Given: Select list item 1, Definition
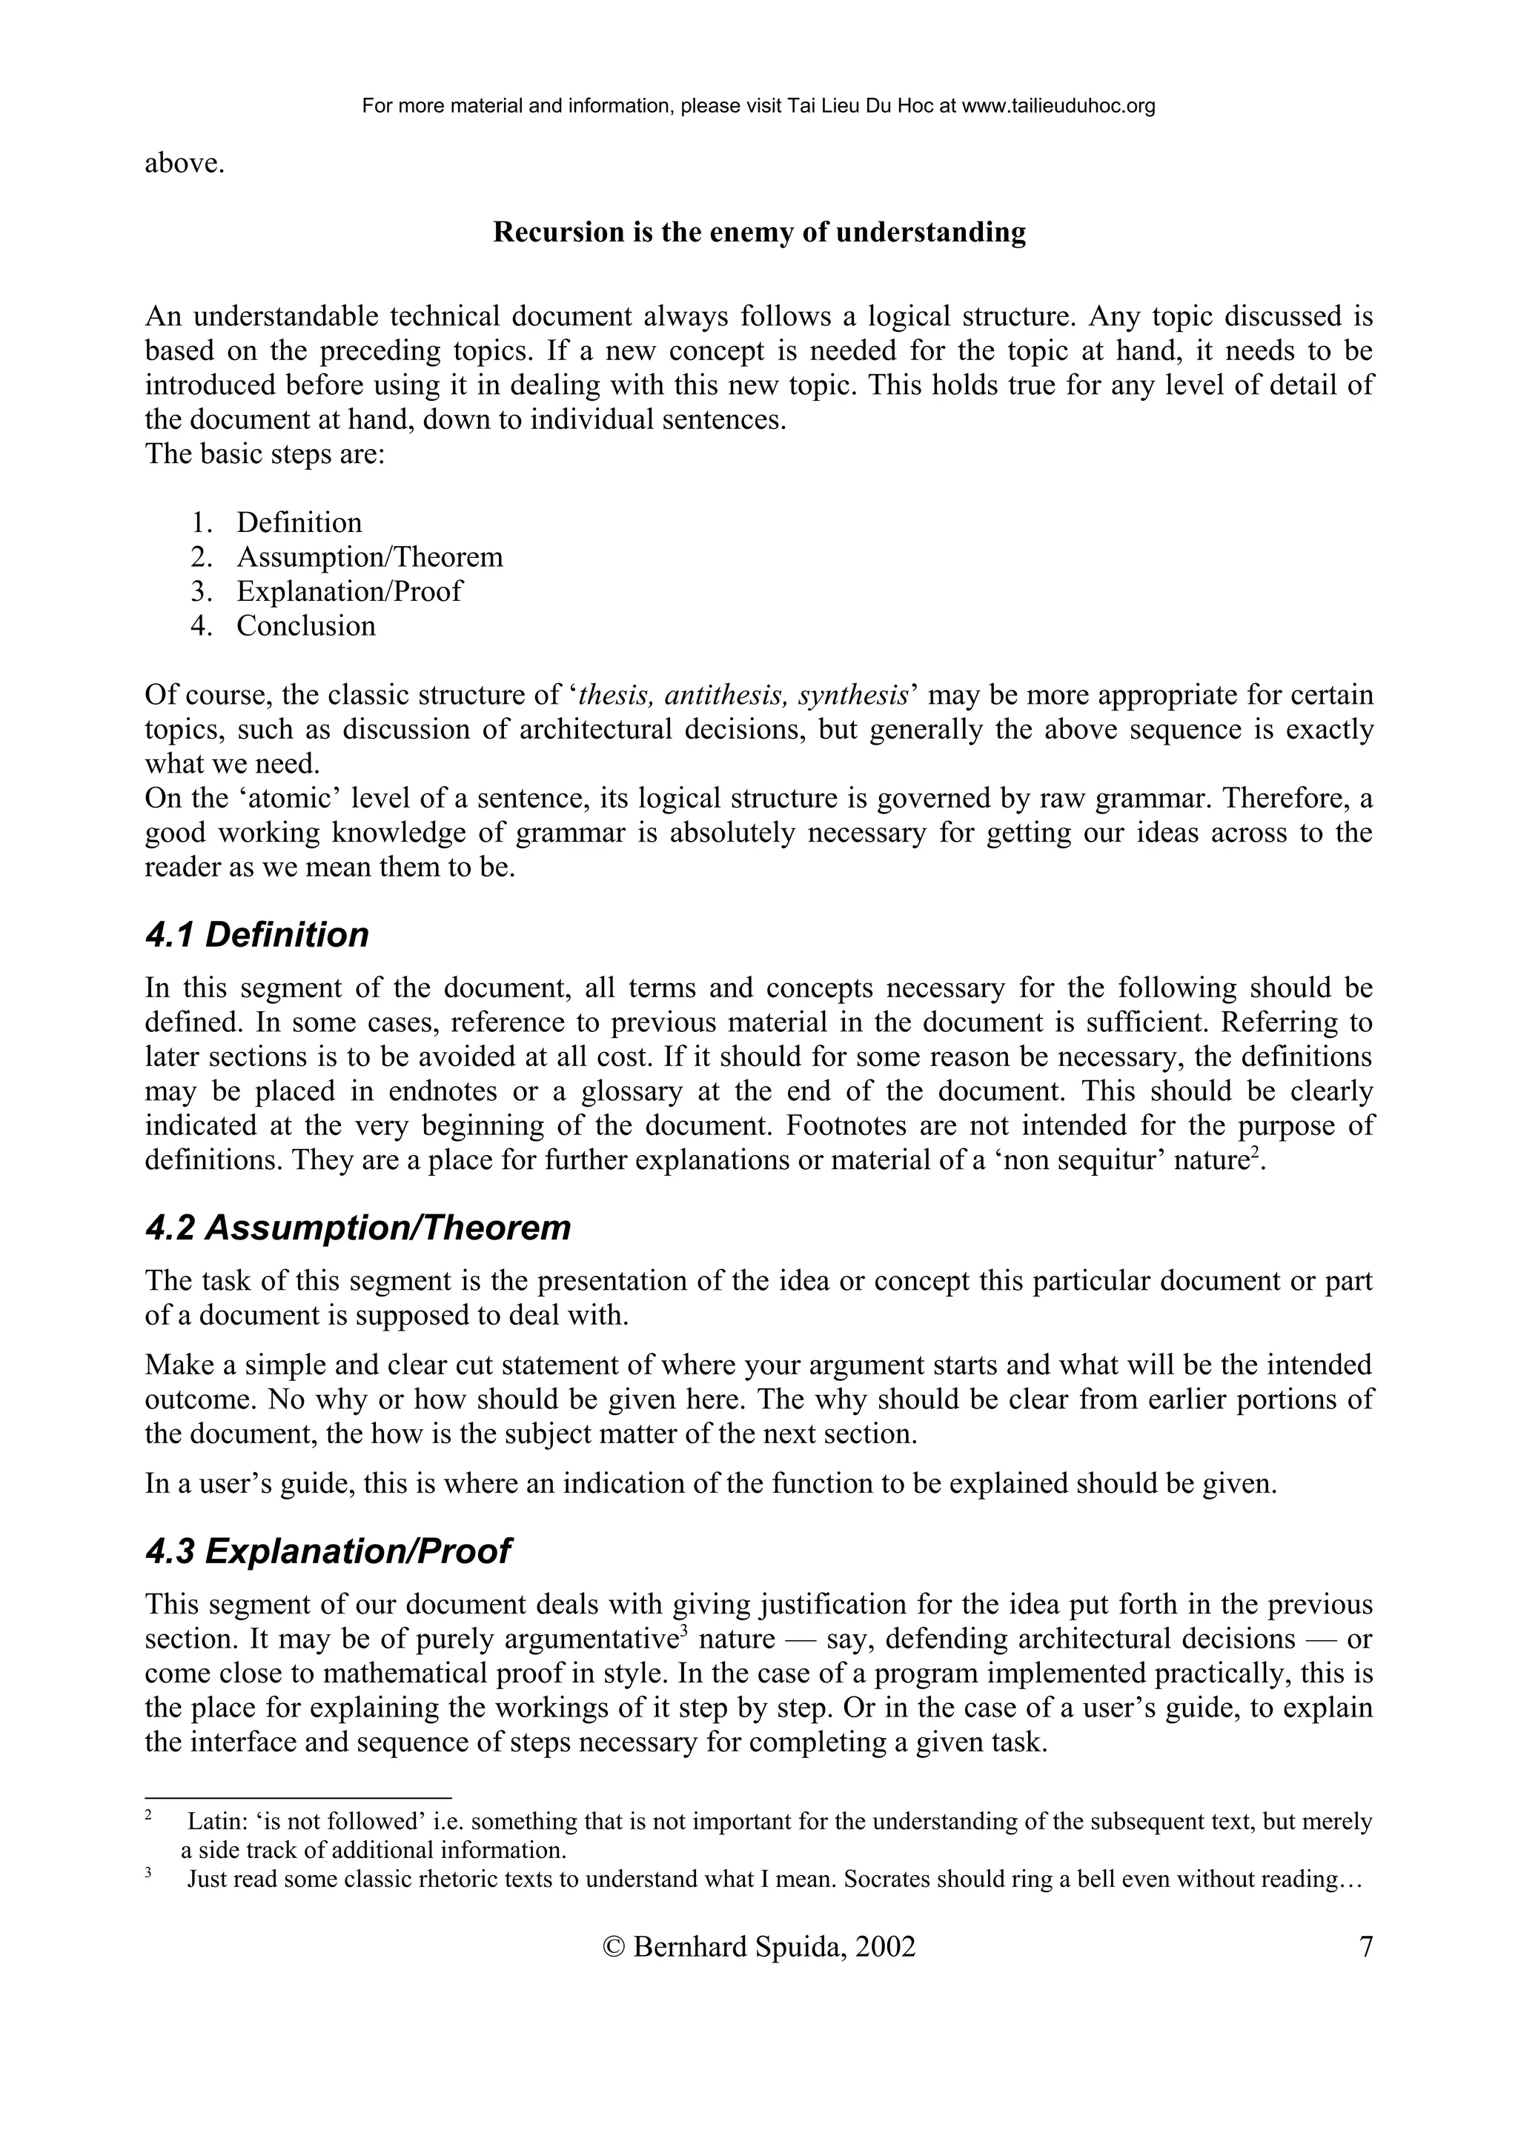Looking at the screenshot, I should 299,523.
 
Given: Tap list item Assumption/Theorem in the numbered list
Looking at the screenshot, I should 369,557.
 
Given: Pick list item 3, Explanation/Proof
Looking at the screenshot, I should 349,592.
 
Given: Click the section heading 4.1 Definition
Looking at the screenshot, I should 257,935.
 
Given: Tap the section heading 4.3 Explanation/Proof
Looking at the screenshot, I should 328,1551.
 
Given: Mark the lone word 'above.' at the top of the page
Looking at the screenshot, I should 185,164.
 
